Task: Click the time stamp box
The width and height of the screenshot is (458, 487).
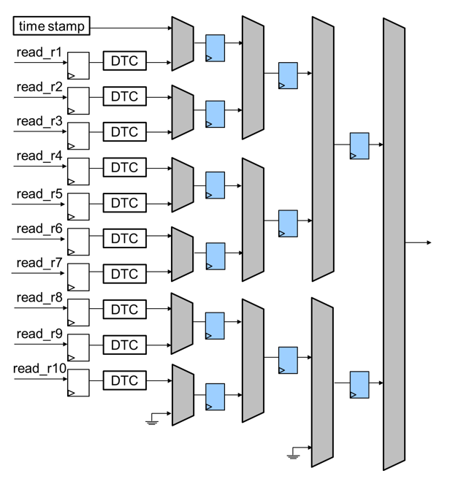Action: click(52, 27)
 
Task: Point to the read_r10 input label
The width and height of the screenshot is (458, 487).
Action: click(40, 368)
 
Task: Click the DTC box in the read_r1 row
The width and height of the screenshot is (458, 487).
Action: click(124, 62)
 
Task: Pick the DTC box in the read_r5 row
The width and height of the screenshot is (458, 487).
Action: click(124, 203)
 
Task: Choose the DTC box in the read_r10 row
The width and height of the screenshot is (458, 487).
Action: click(124, 380)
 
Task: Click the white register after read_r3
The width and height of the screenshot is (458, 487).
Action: click(77, 133)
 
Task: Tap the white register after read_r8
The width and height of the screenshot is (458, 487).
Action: click(77, 310)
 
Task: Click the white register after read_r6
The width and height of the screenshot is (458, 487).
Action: click(77, 239)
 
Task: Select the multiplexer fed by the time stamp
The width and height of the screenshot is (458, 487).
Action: click(183, 44)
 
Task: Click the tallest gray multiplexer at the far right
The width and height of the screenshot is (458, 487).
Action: click(394, 244)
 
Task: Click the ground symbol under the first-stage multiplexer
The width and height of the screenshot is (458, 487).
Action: click(151, 420)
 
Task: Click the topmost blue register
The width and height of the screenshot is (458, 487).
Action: click(215, 47)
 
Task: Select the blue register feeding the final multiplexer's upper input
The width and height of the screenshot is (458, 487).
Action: click(359, 145)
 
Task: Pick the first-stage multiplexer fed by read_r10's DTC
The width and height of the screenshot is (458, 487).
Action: click(183, 394)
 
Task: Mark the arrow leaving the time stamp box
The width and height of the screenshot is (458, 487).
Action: click(131, 27)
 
